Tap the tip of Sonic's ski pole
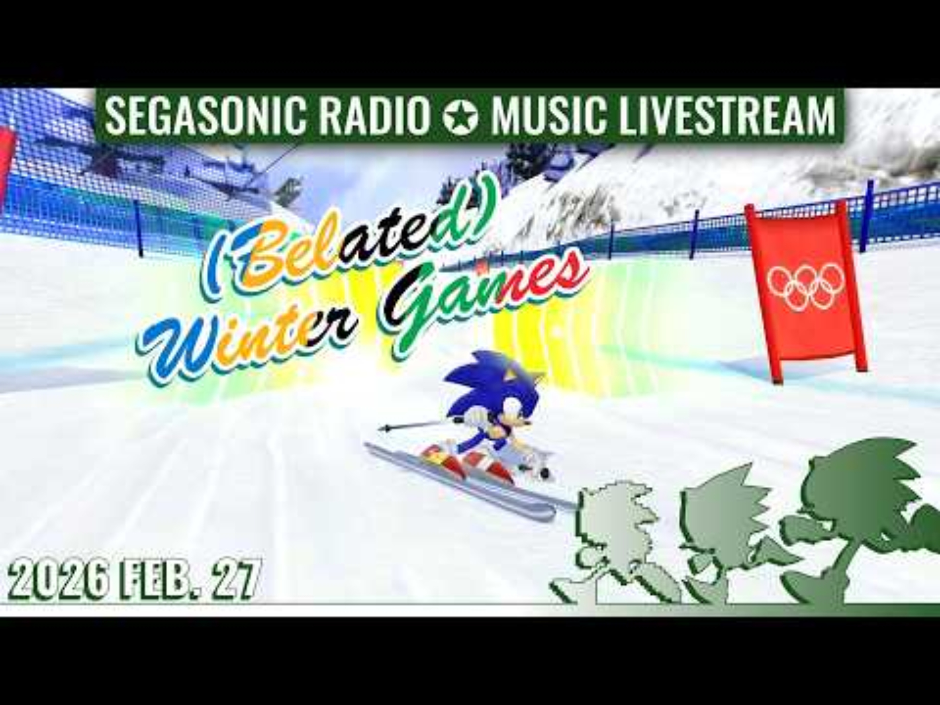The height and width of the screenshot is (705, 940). click(x=382, y=428)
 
